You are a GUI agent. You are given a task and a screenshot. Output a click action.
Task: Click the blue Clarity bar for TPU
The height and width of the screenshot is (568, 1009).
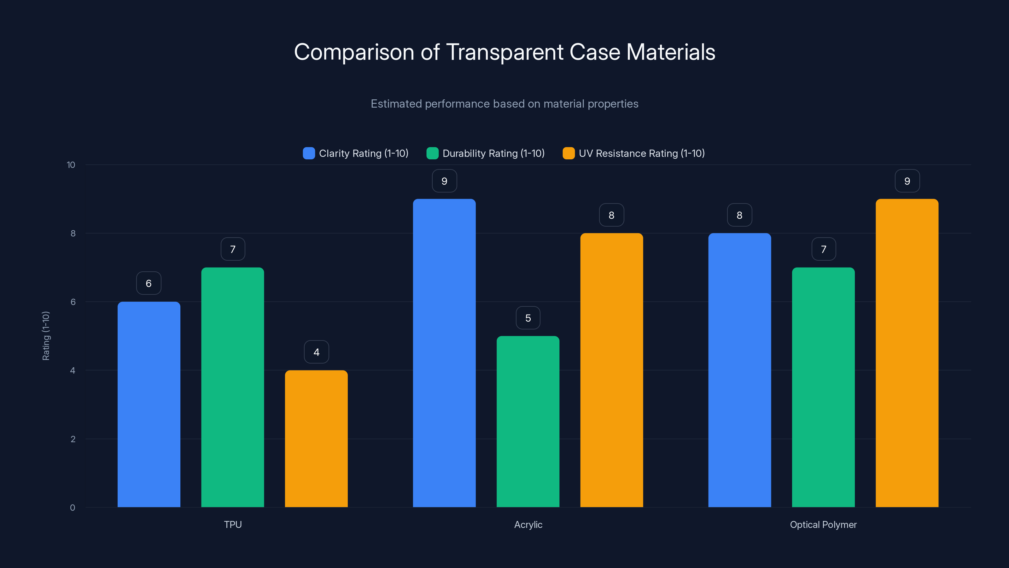[149, 404]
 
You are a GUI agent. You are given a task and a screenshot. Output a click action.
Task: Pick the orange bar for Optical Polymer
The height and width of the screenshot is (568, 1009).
[907, 353]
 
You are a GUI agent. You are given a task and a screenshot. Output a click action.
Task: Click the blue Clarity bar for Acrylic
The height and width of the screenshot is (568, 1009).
[444, 353]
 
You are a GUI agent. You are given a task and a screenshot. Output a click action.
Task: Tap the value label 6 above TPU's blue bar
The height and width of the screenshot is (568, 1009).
[149, 283]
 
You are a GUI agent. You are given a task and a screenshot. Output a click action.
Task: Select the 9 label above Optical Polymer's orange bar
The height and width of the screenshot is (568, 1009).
[907, 181]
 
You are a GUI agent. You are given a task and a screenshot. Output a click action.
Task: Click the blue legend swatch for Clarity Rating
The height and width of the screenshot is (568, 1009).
[309, 153]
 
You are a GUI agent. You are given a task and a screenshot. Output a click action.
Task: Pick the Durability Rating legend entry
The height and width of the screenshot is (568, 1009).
[493, 153]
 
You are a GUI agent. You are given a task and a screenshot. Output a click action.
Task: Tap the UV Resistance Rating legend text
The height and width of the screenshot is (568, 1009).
[641, 153]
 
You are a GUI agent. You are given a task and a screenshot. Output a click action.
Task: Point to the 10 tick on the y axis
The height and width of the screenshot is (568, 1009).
[71, 165]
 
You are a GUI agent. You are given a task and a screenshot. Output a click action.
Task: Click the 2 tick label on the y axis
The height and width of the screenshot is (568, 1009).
[73, 439]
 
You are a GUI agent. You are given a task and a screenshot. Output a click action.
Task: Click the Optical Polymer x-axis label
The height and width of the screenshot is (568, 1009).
[823, 524]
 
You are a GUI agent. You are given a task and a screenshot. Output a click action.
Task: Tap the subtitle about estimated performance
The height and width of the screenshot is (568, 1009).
[504, 104]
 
